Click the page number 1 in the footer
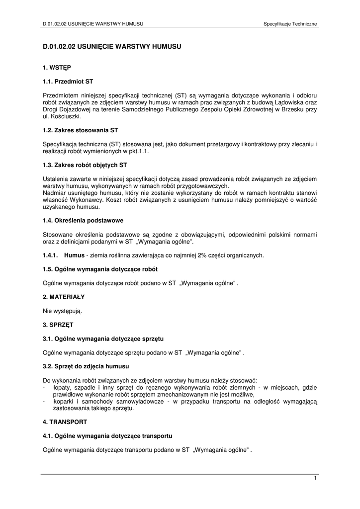pyautogui.click(x=315, y=478)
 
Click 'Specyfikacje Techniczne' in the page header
pyautogui.click(x=290, y=24)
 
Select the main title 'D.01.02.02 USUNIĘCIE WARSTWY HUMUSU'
pyautogui.click(x=112, y=46)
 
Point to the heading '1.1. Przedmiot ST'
pyautogui.click(x=68, y=81)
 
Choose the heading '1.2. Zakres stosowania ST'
pyautogui.click(x=80, y=130)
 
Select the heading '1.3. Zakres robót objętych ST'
pyautogui.click(x=88, y=165)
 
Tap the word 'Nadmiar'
pyautogui.click(x=54, y=193)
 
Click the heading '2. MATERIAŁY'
pyautogui.click(x=64, y=297)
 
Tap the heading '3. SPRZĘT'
pyautogui.click(x=58, y=325)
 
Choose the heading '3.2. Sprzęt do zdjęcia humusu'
pyautogui.click(x=86, y=366)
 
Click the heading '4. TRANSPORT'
pyautogui.click(x=65, y=422)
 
